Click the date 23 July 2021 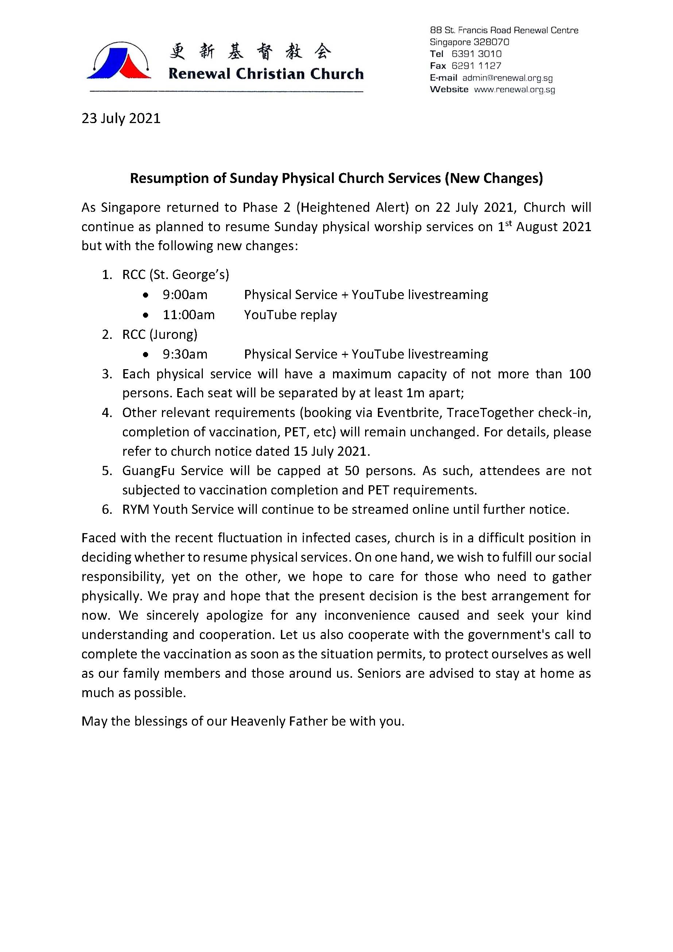coord(121,119)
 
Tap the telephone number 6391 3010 coord(476,54)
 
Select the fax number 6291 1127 coord(476,65)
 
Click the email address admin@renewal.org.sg coord(507,78)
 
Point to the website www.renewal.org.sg coord(514,89)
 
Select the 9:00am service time coord(185,295)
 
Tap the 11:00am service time coord(189,315)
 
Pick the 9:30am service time coord(185,354)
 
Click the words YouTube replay coord(290,315)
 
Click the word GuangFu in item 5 coord(148,471)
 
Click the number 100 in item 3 coord(579,374)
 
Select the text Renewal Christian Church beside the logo coord(266,74)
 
